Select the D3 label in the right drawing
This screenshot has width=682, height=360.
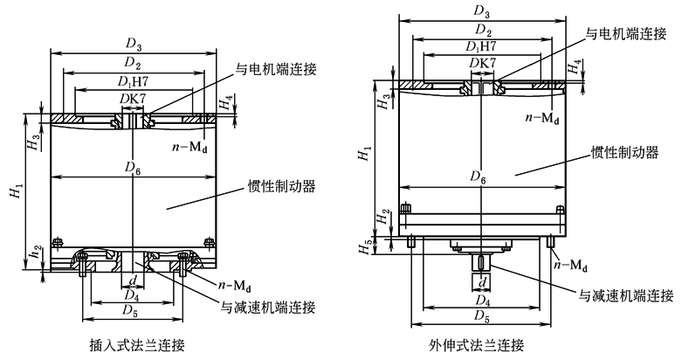480,10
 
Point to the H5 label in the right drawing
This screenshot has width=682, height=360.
368,246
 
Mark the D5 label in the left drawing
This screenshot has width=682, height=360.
132,308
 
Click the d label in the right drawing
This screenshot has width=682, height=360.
482,281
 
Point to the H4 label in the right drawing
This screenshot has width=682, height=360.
573,66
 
